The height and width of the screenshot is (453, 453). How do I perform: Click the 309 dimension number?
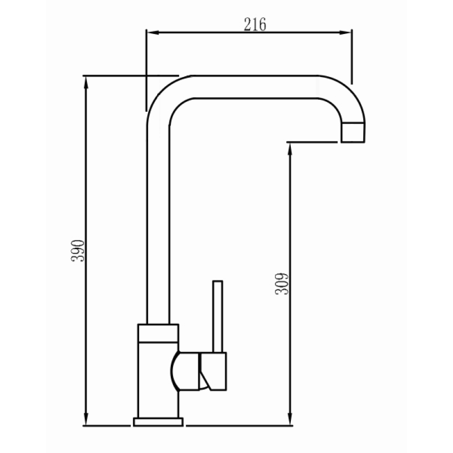coord(282,284)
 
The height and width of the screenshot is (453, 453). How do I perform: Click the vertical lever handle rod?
coord(218,315)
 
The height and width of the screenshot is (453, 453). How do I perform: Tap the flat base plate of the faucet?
coord(158,422)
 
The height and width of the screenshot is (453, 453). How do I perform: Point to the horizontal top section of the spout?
coord(254,87)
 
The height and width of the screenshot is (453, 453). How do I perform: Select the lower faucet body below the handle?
coord(158,403)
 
